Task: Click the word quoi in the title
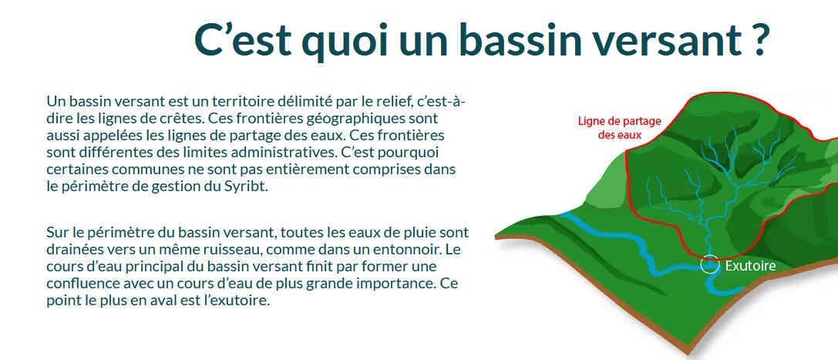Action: point(341,40)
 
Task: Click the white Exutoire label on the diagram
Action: point(750,265)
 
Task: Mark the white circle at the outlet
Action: point(701,265)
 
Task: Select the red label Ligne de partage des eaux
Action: point(619,128)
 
